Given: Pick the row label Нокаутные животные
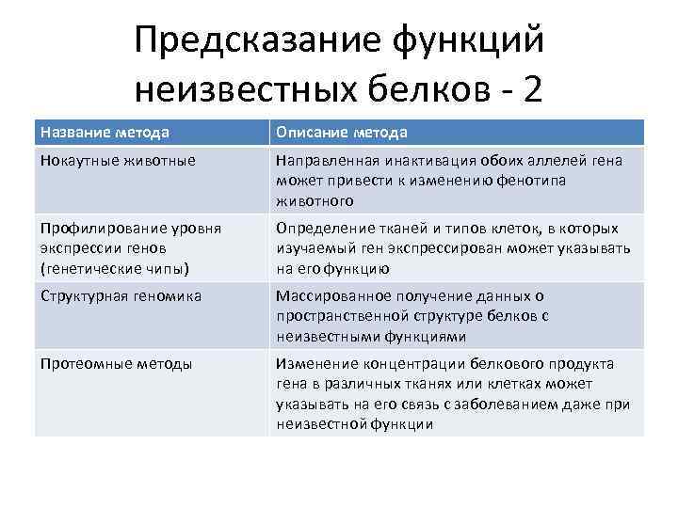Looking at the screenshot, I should pos(118,160).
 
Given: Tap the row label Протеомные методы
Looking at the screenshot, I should pos(116,363).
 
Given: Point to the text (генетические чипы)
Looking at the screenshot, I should pos(115,268).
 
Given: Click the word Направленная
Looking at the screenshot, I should pos(320,160).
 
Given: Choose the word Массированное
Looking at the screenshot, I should pos(326,295).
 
